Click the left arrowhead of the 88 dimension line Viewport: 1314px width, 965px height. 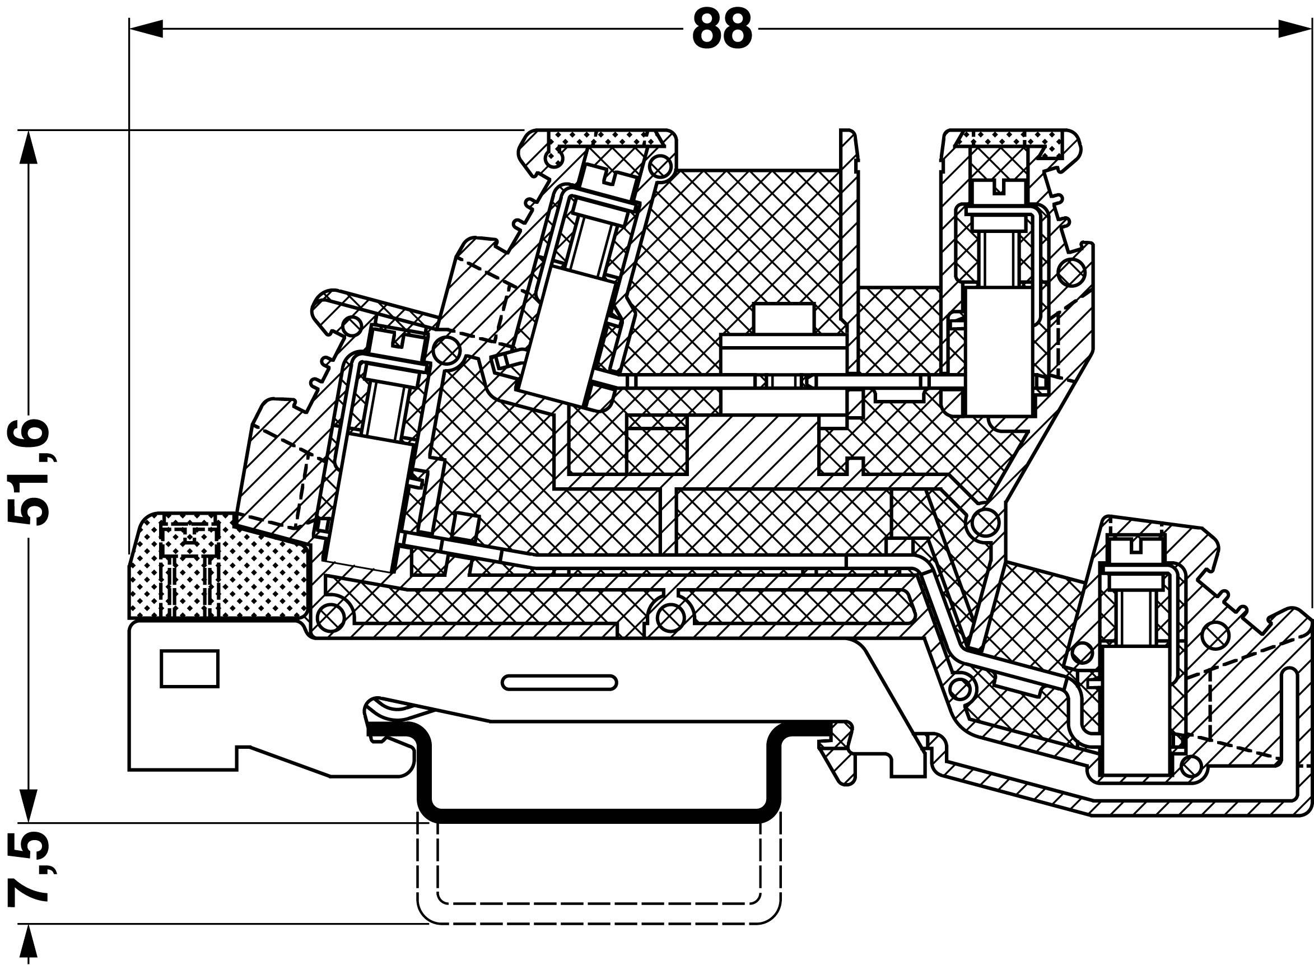[x=146, y=29]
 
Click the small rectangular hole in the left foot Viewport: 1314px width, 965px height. [x=189, y=668]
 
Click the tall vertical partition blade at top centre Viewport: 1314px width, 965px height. [x=850, y=251]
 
